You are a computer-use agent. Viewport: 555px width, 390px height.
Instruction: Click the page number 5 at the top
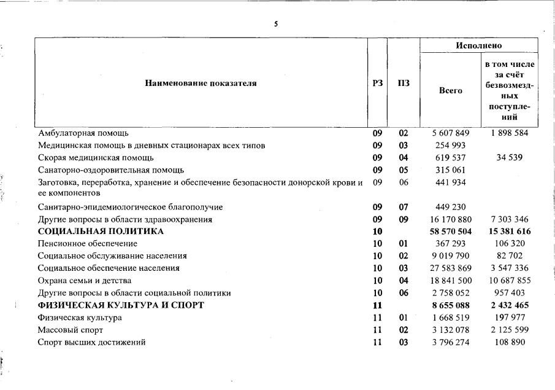pos(276,24)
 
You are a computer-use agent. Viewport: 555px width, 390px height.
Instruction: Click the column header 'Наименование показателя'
pos(201,84)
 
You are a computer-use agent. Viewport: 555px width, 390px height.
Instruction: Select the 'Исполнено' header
pos(478,45)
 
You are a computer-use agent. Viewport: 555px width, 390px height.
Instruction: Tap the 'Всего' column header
pos(450,90)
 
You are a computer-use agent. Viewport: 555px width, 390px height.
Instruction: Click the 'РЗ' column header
pos(377,84)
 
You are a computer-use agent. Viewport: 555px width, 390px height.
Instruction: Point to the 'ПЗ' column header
pos(403,84)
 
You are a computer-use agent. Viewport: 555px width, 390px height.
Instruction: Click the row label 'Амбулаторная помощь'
pos(83,133)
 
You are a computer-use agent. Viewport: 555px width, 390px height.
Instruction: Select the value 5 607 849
pos(451,133)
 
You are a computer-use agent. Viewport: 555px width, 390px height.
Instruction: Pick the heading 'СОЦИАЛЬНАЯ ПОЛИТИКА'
pos(101,232)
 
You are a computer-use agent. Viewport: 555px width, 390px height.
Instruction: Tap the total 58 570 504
pos(450,232)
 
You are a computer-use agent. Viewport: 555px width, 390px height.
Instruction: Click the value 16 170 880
pos(450,219)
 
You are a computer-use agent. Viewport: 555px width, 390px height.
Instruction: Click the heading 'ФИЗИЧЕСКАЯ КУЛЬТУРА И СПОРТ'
pos(121,305)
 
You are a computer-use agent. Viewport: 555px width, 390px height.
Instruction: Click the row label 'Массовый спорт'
pos(66,330)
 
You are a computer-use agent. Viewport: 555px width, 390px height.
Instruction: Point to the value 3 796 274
pos(451,342)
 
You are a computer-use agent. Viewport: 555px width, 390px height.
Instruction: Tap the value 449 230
pos(451,207)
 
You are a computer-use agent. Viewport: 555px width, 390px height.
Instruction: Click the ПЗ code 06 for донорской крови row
pos(403,182)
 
